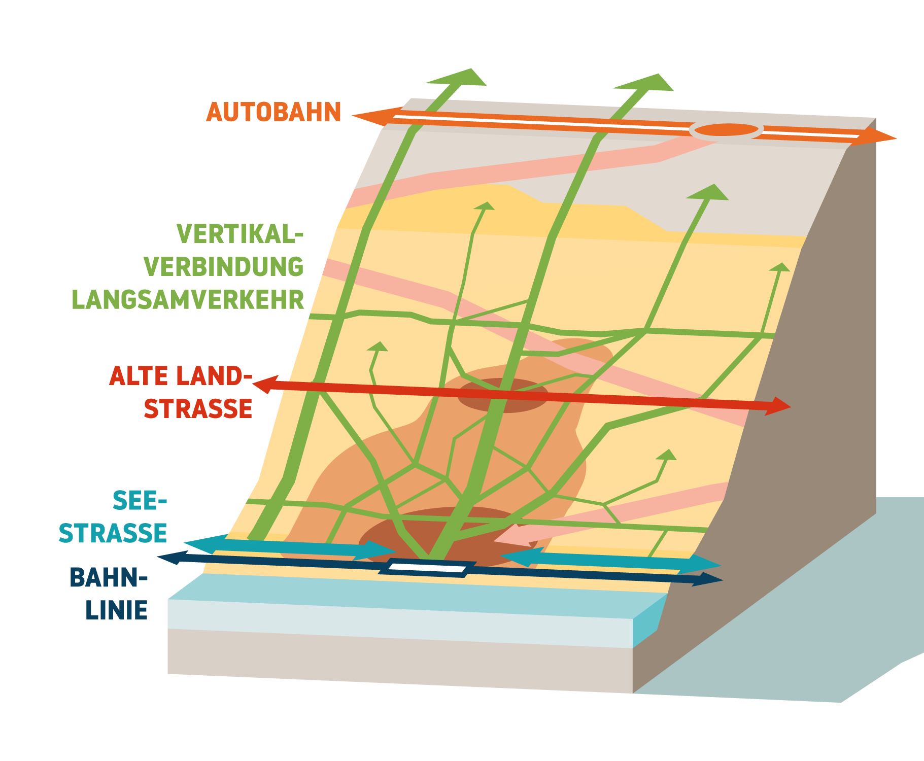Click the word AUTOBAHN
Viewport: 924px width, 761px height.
tap(273, 112)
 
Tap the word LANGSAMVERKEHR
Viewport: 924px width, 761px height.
tap(188, 300)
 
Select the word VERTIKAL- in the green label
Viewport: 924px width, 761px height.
tap(240, 234)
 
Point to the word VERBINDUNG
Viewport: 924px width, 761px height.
tap(224, 267)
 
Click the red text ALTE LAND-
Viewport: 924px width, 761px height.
tap(180, 376)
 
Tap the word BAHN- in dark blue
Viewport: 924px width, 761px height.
tap(108, 577)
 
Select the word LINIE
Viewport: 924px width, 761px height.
tap(116, 610)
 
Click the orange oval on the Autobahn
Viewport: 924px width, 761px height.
tap(726, 130)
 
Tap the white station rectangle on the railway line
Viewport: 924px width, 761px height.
tap(427, 568)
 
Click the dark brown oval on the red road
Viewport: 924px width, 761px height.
tap(502, 396)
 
